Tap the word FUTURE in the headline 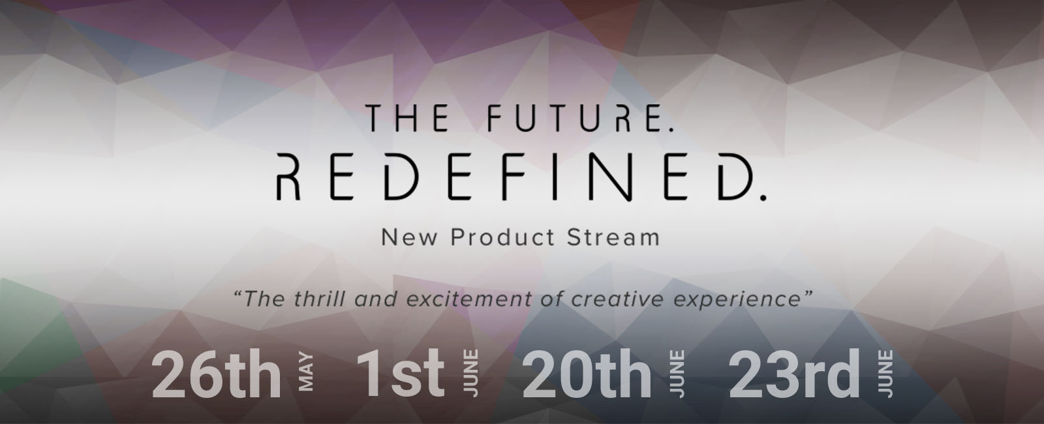point(569,118)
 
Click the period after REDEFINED point(763,198)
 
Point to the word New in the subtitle point(410,237)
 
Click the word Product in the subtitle point(502,237)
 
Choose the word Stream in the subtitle point(613,237)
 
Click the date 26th point(217,374)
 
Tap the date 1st point(401,372)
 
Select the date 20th point(587,374)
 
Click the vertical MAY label point(306,372)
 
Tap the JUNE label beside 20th point(678,374)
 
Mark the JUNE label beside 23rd point(885,374)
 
